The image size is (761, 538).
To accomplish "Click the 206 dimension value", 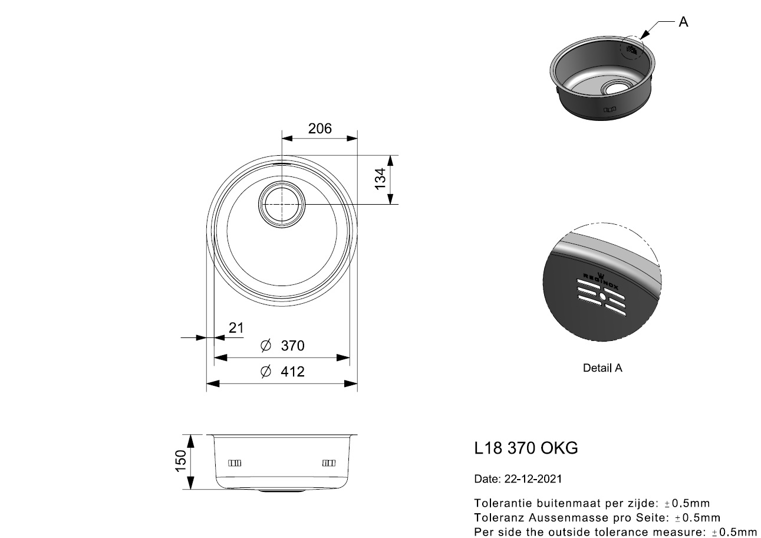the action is [319, 129].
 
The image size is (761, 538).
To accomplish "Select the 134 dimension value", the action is [381, 179].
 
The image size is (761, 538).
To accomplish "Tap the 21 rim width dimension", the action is [236, 328].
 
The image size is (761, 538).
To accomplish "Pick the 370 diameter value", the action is [292, 346].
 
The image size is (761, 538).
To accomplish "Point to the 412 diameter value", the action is [292, 372].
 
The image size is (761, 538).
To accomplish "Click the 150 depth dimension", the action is [181, 461].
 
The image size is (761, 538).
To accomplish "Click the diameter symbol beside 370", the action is [266, 345].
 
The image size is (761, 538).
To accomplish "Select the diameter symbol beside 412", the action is [266, 372].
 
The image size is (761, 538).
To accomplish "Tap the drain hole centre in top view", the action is [282, 204].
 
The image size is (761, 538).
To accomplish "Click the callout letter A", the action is [683, 22].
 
